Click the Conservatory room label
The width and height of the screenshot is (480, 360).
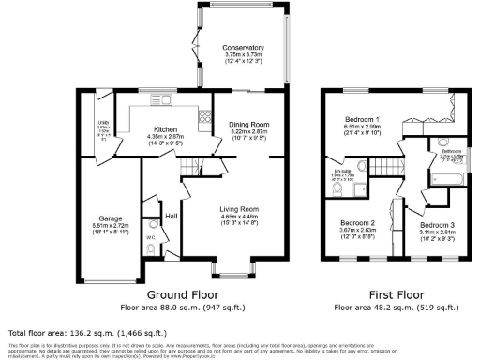pos(243,48)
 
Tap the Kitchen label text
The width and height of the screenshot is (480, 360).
pos(165,129)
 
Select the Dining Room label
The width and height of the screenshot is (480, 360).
pos(249,124)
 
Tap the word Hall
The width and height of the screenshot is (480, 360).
pos(172,216)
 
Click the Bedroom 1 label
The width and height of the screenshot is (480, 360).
pos(362,121)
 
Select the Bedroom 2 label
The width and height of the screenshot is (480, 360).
pos(357,223)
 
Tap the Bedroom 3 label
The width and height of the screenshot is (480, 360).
pos(437,226)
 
